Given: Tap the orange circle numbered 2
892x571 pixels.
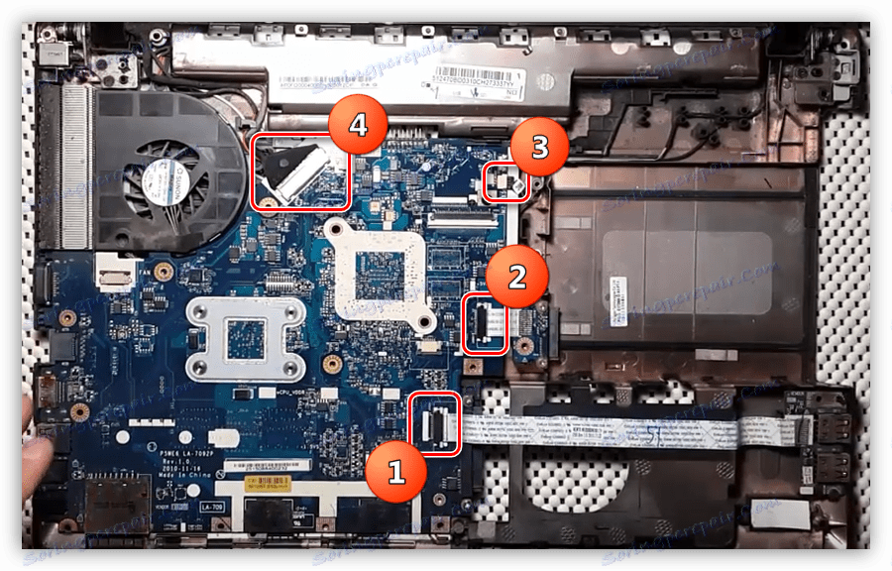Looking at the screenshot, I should click(516, 276).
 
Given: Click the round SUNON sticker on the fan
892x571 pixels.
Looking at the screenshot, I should click(163, 176).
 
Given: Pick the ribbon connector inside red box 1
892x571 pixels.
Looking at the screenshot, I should click(434, 421).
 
